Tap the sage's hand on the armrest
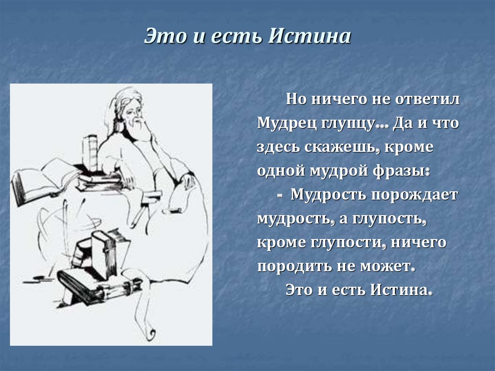tap(188, 181)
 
